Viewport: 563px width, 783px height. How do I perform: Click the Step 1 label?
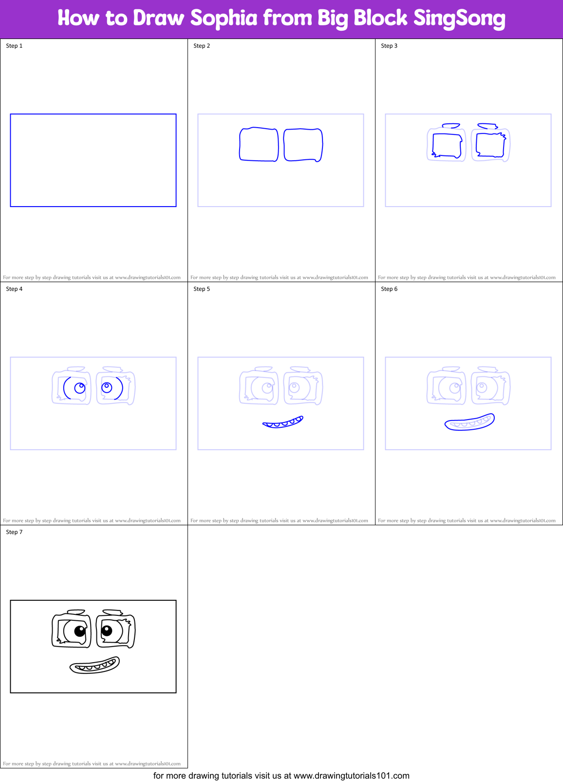click(14, 46)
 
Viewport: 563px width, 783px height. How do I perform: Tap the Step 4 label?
click(14, 289)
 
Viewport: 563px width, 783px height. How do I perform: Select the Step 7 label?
click(14, 532)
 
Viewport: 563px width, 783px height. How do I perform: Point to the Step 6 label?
click(389, 289)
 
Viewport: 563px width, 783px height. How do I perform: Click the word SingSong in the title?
click(459, 19)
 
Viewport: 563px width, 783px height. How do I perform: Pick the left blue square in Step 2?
click(259, 145)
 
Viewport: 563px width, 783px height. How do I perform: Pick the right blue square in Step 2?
click(303, 145)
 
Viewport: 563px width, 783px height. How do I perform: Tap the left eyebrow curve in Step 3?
click(451, 126)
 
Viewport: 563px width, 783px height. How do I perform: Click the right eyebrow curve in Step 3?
click(487, 126)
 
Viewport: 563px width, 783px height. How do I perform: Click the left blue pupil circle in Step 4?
click(80, 388)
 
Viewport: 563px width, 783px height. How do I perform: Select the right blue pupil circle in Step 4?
click(107, 387)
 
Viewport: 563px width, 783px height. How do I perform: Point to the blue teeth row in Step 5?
click(283, 422)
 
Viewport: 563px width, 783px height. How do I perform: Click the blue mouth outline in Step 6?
click(469, 422)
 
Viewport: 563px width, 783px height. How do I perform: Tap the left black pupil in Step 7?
click(80, 631)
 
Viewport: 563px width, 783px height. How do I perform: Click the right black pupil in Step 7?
click(107, 631)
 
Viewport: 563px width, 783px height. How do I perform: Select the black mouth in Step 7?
click(95, 666)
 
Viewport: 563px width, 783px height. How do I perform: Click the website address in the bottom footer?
click(351, 776)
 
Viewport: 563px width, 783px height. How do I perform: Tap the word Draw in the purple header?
click(159, 19)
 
